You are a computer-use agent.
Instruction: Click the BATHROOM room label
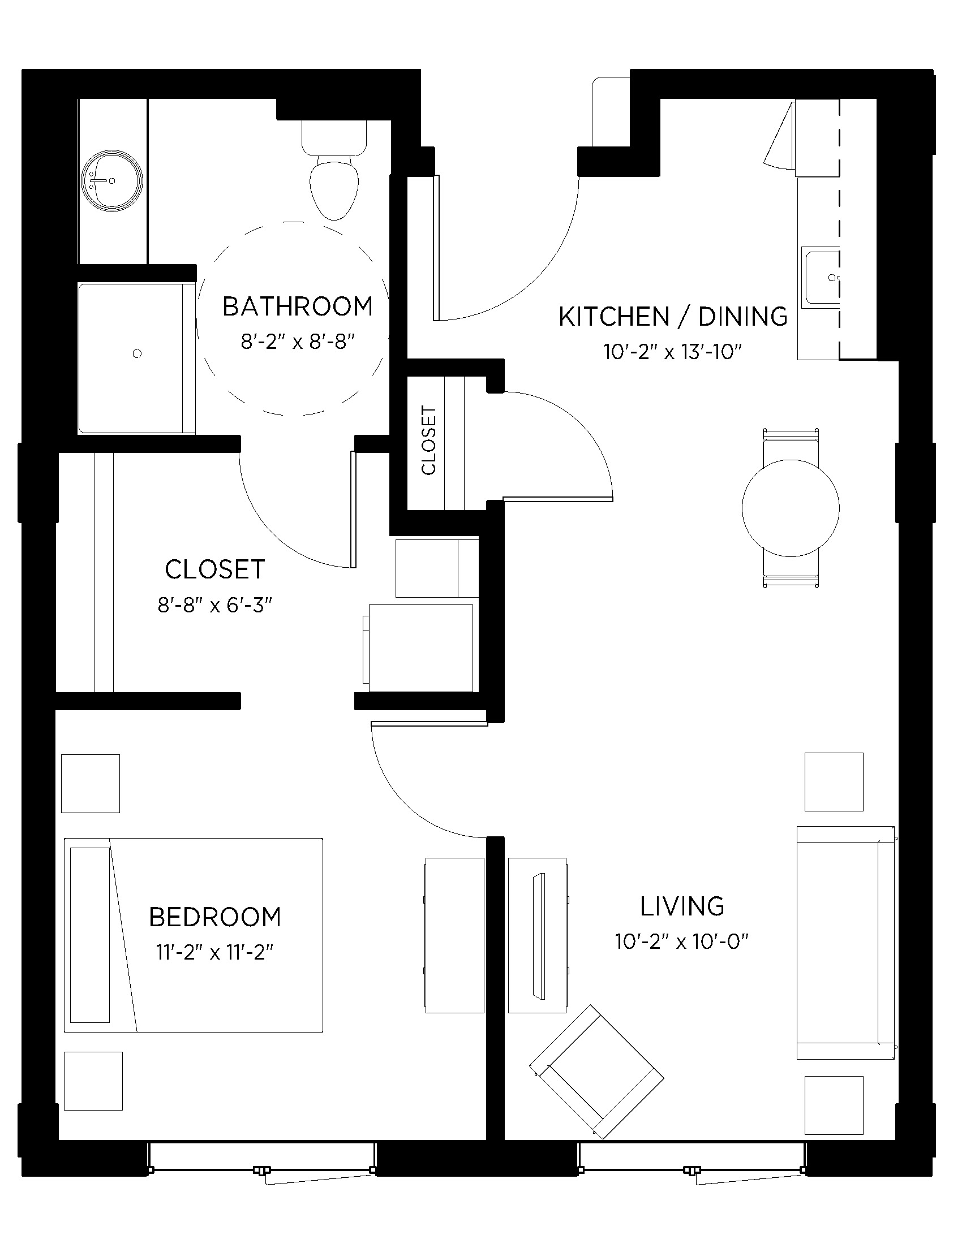click(x=298, y=306)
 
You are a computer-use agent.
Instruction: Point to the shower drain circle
click(x=137, y=354)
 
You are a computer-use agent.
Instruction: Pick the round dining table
click(x=791, y=508)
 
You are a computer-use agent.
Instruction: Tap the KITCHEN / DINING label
click(x=672, y=317)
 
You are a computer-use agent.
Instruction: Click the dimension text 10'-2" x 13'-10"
click(x=672, y=352)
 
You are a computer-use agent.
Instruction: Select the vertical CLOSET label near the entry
click(x=428, y=440)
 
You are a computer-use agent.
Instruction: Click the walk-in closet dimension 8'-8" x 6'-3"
click(x=215, y=605)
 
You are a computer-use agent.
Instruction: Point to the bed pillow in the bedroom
click(x=90, y=935)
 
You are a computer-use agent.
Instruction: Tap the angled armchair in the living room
click(x=596, y=1071)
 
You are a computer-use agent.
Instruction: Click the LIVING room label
click(x=682, y=906)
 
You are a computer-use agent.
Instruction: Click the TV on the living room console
click(x=539, y=935)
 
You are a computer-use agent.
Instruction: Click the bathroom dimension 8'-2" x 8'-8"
click(x=298, y=342)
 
